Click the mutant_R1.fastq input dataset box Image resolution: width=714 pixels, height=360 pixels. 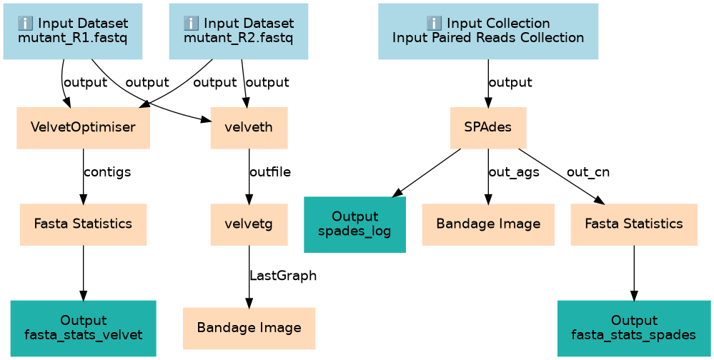[73, 31]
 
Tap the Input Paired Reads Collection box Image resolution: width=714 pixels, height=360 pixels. [487, 31]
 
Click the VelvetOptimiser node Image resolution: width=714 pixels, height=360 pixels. [84, 128]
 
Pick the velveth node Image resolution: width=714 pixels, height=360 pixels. [249, 128]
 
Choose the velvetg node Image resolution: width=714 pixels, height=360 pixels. [249, 224]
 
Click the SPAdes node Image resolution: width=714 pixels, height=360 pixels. [487, 128]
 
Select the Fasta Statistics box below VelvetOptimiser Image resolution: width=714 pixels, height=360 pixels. [84, 224]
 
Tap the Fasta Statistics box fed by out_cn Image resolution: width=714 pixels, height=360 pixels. [633, 224]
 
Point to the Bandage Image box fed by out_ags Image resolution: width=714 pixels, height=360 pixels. [487, 224]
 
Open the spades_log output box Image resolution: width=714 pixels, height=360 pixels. [355, 224]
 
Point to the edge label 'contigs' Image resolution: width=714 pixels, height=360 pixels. [107, 173]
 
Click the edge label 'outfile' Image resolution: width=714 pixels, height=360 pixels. [270, 173]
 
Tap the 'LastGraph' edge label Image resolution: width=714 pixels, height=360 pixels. [283, 276]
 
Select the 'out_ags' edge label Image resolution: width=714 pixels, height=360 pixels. [514, 173]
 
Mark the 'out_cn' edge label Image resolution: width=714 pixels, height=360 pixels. [588, 173]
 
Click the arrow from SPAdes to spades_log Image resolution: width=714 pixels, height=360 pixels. [427, 171]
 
